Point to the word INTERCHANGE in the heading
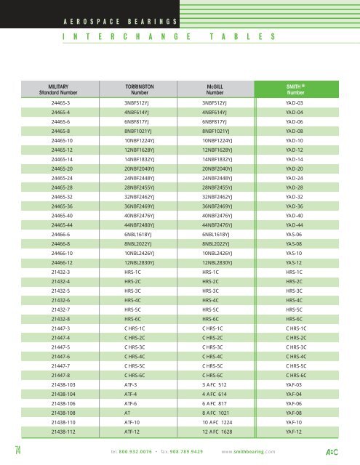tap(124, 36)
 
